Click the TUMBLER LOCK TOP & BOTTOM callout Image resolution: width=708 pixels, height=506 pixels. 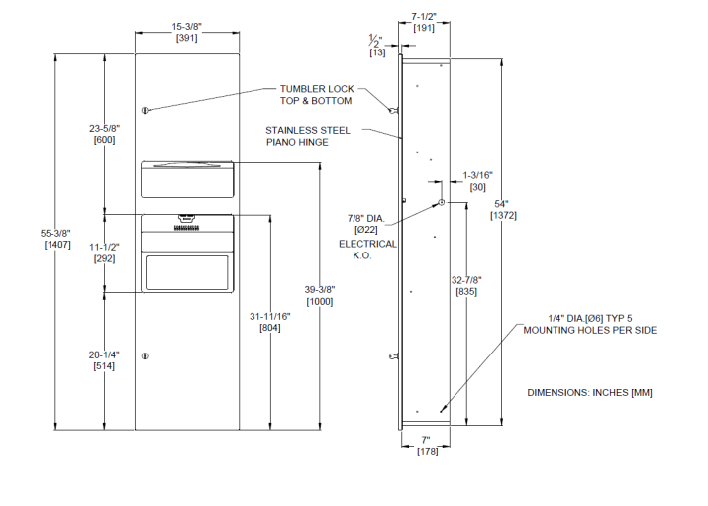click(316, 95)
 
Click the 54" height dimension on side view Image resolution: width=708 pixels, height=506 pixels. click(504, 210)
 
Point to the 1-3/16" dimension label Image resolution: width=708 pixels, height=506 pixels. click(477, 181)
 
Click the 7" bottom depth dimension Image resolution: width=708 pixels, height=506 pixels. click(426, 447)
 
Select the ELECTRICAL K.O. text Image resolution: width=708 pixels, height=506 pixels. click(367, 250)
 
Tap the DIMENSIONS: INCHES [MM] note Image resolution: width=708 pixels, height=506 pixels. click(589, 392)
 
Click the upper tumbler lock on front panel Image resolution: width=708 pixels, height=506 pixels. click(145, 109)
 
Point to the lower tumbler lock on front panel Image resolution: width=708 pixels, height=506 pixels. click(145, 355)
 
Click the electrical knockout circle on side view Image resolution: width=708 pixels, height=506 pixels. click(441, 203)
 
